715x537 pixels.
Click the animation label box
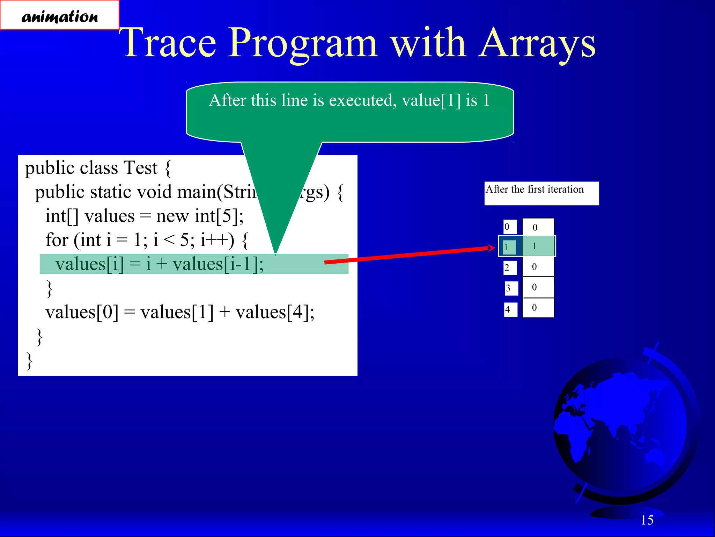(x=59, y=15)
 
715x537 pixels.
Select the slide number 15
(x=647, y=520)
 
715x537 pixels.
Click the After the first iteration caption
(x=535, y=189)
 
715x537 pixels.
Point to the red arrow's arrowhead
(x=492, y=248)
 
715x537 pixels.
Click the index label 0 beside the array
(x=509, y=227)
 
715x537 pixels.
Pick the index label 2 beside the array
(x=510, y=268)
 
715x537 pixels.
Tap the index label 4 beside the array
(x=510, y=309)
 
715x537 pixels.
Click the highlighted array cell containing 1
(x=538, y=246)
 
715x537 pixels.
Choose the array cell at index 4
(x=538, y=308)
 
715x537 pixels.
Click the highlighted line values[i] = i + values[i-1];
(x=159, y=264)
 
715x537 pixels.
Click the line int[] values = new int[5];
(x=145, y=216)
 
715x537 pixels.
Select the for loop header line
(x=147, y=240)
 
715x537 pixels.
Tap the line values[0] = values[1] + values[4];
(x=180, y=312)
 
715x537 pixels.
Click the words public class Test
(x=91, y=168)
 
